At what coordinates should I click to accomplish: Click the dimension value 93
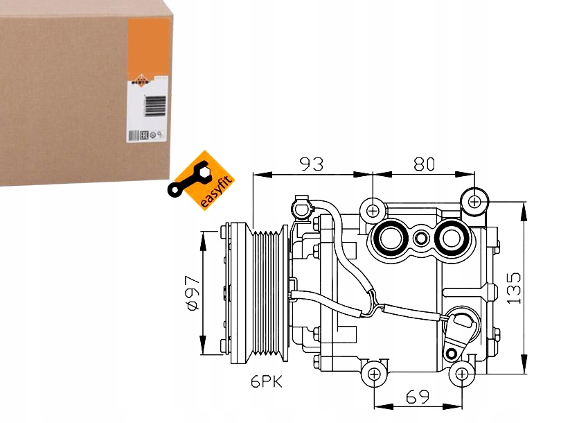311,164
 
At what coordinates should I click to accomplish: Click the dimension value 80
423,164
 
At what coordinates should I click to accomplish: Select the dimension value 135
513,286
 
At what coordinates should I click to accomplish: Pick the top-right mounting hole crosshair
474,202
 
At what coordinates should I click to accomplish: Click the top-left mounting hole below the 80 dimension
373,209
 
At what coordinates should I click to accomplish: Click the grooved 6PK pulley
270,293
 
